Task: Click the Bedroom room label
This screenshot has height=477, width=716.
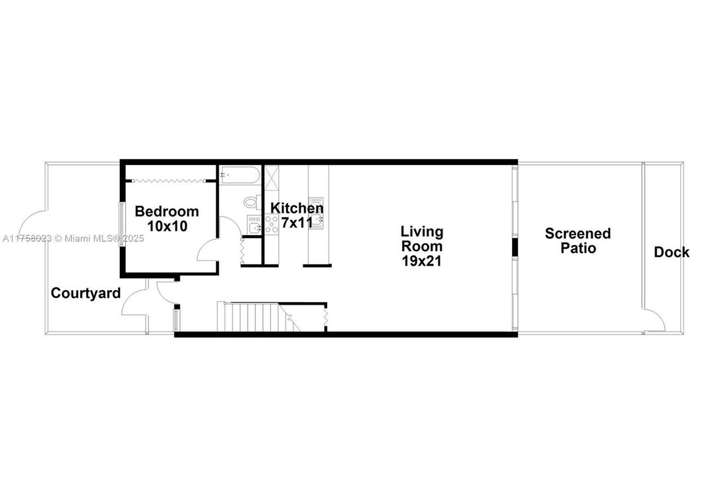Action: click(x=167, y=211)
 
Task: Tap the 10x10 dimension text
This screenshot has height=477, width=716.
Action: click(x=167, y=226)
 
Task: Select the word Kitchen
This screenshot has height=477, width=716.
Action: click(x=297, y=208)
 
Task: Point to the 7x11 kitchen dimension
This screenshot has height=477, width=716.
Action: click(x=297, y=223)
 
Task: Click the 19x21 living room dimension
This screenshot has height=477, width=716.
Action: click(x=421, y=261)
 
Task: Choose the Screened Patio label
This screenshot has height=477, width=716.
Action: click(x=578, y=240)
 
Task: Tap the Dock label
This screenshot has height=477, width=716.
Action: click(x=672, y=252)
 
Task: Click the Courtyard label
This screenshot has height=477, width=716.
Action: click(x=86, y=293)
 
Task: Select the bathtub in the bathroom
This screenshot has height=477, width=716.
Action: click(x=240, y=175)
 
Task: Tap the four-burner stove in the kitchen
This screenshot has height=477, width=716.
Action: click(x=272, y=225)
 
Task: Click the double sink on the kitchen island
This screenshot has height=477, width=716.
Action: click(x=316, y=213)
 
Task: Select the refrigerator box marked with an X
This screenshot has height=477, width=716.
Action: click(x=272, y=178)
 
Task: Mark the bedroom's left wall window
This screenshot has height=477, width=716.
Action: click(x=121, y=225)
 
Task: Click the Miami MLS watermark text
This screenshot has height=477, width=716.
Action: click(x=73, y=238)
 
